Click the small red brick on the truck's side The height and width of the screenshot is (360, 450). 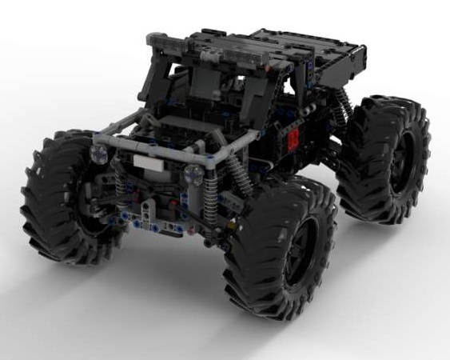(x=293, y=139)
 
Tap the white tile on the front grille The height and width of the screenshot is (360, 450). (x=146, y=162)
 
